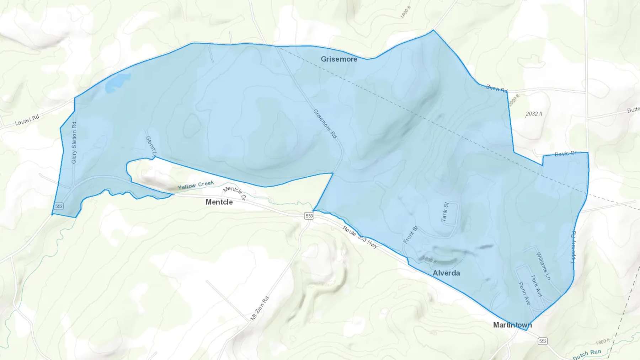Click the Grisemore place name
pyautogui.click(x=339, y=59)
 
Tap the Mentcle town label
pyautogui.click(x=219, y=202)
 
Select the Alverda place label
pyautogui.click(x=446, y=273)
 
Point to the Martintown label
pyautogui.click(x=512, y=325)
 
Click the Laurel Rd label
pyautogui.click(x=27, y=120)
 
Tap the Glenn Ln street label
pyautogui.click(x=151, y=147)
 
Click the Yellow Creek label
pyautogui.click(x=196, y=185)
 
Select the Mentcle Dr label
pyautogui.click(x=234, y=193)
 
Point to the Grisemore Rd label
pyautogui.click(x=325, y=124)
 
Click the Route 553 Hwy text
pyautogui.click(x=360, y=237)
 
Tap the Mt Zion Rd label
pyautogui.click(x=260, y=308)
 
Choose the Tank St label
pyautogui.click(x=445, y=212)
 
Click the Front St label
pyautogui.click(x=410, y=235)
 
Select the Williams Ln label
pyautogui.click(x=543, y=266)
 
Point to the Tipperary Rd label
pyautogui.click(x=573, y=247)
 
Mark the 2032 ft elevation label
pyautogui.click(x=534, y=114)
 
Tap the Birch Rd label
pyautogui.click(x=497, y=88)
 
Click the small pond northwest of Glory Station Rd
pyautogui.click(x=117, y=82)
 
